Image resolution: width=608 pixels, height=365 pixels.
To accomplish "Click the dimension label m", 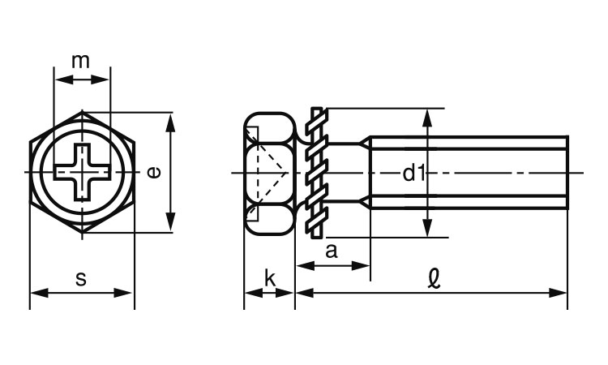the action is [x=80, y=61].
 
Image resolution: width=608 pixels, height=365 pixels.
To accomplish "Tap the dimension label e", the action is [x=154, y=172].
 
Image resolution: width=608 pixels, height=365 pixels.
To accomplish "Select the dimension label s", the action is [x=80, y=278].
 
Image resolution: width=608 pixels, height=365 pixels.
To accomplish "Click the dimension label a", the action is [x=332, y=251].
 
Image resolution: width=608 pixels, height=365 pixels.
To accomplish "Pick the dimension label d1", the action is [x=414, y=173].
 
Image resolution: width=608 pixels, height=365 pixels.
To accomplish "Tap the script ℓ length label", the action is [x=435, y=279].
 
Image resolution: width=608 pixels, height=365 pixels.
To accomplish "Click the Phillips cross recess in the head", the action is [x=82, y=172].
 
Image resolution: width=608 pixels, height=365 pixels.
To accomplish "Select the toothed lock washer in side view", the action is [x=317, y=173].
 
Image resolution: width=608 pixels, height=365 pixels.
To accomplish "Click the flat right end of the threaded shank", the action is [x=567, y=173].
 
